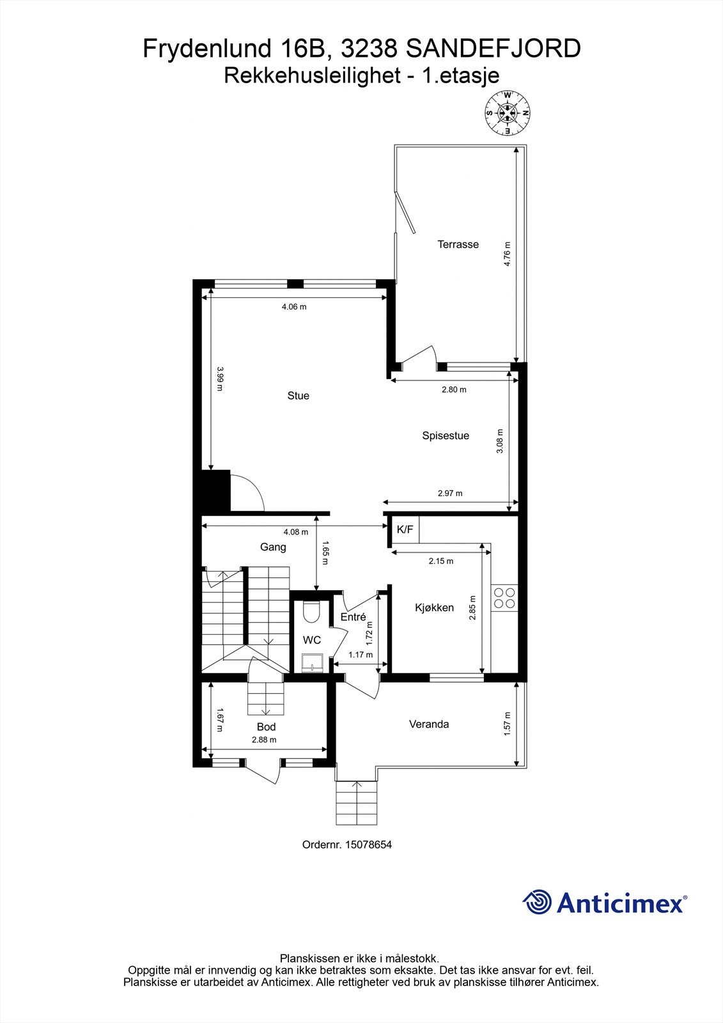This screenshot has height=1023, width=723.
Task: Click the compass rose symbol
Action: pos(508,113)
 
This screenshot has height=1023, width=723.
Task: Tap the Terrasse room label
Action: pos(458,244)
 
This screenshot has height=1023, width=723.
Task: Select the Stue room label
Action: pos(298,396)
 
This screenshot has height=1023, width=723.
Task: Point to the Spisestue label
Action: pos(446,436)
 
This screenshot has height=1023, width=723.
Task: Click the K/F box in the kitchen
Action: pos(405,529)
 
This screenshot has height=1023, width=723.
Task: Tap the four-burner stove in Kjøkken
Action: pos(503,597)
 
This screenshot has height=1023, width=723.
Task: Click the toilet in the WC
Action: pos(312,612)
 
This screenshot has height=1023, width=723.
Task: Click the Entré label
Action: pos(353,617)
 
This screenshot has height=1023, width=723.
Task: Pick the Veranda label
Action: pos(429,724)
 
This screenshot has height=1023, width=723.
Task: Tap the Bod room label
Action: pos(266,727)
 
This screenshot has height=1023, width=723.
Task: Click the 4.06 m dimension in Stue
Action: pos(294,307)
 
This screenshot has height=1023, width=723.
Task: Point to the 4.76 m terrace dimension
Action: pos(507,254)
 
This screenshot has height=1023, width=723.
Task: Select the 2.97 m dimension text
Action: pos(450,494)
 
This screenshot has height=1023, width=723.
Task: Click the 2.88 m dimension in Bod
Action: pos(264,740)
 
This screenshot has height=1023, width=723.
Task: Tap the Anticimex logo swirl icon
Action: pos(537,902)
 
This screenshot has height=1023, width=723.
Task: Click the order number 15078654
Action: pos(368,845)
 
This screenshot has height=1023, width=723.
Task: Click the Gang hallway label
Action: pos(273,547)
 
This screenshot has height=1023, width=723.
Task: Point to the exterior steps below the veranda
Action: pos(357,803)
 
